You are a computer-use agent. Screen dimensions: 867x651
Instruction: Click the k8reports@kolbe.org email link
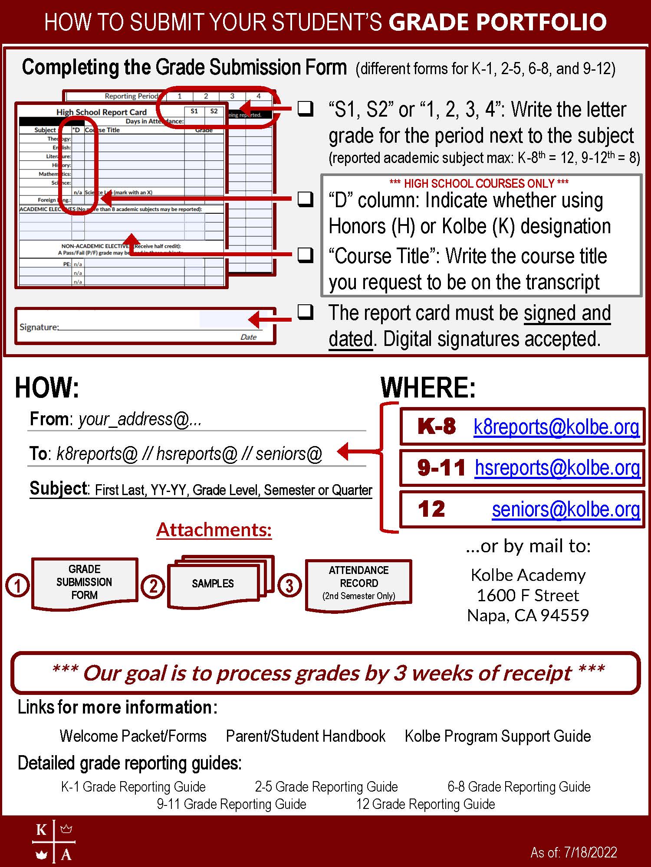click(556, 427)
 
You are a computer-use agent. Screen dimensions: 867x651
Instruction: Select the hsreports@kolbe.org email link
click(557, 468)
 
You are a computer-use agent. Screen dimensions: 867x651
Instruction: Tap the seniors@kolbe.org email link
click(566, 509)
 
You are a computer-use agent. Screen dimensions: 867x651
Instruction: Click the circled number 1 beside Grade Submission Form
click(17, 586)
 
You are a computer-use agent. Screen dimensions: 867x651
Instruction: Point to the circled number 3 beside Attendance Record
click(289, 586)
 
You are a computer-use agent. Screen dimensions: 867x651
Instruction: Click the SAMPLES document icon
click(213, 583)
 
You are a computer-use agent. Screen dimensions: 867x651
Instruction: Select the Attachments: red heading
click(214, 530)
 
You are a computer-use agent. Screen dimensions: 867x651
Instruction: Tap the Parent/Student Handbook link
click(306, 736)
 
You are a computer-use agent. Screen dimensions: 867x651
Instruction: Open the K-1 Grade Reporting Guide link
click(133, 786)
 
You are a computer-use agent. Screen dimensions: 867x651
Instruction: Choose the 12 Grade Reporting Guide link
click(425, 804)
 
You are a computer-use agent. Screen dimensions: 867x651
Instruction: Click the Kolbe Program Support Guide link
click(498, 736)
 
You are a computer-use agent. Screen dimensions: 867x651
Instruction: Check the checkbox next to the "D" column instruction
click(306, 199)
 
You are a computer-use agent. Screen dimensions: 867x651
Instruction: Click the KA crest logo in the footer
click(54, 841)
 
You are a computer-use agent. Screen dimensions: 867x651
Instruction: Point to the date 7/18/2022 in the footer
click(590, 853)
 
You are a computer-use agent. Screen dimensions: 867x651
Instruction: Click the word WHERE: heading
click(428, 387)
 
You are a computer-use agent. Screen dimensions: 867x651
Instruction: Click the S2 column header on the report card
click(214, 111)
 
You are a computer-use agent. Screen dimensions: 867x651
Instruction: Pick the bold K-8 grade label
click(436, 427)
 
